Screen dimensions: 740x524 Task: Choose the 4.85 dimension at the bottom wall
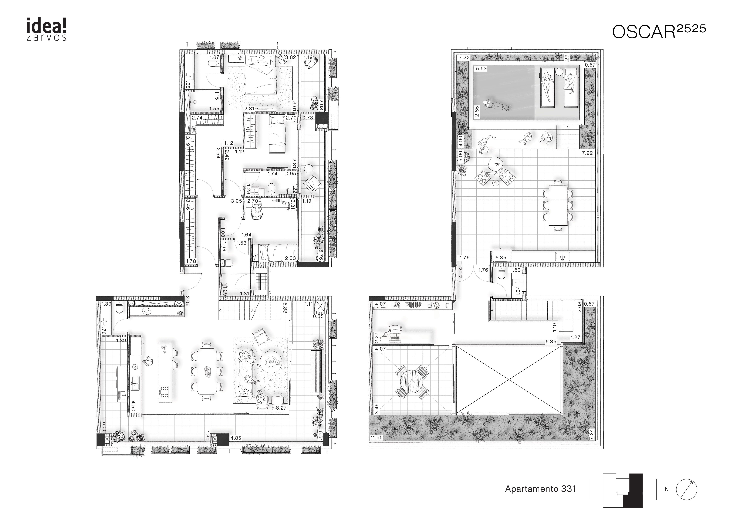coord(236,438)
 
